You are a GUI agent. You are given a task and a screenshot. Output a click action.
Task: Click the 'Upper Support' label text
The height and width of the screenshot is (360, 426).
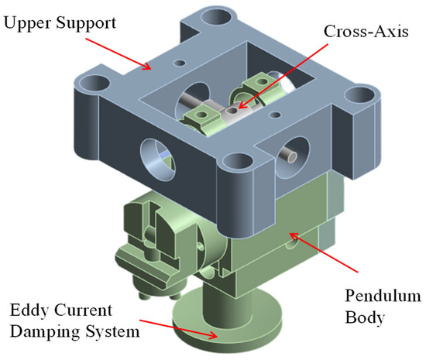click(x=60, y=23)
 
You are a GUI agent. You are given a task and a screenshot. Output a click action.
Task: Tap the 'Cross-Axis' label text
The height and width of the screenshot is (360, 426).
click(x=366, y=31)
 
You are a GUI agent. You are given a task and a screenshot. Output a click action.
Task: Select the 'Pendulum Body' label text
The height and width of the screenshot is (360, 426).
click(x=383, y=307)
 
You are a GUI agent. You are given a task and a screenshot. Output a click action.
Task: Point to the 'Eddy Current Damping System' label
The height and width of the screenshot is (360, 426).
click(x=74, y=321)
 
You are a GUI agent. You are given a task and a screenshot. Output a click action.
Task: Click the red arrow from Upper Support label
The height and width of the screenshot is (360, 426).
click(x=119, y=53)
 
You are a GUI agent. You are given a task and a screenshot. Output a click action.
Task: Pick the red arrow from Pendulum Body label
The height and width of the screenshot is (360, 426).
click(x=323, y=252)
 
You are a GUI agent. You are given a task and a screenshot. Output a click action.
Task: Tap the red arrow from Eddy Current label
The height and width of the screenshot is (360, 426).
click(x=178, y=329)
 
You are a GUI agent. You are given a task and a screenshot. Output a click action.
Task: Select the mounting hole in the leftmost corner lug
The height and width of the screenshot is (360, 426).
click(x=94, y=84)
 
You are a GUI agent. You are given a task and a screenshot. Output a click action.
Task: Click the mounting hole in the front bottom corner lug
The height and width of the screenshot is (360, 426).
click(x=239, y=163)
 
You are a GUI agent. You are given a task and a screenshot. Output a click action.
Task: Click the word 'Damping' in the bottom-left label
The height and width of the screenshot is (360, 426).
click(x=46, y=331)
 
